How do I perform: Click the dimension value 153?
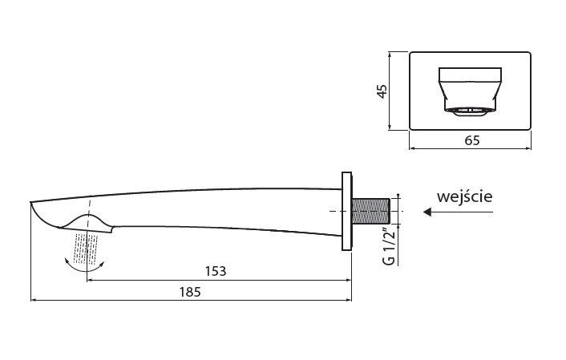click(x=216, y=271)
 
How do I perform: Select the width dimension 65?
click(x=471, y=141)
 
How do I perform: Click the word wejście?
click(x=464, y=196)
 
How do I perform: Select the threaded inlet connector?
click(x=370, y=211)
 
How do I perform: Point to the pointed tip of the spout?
click(x=31, y=201)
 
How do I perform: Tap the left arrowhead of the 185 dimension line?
click(x=34, y=301)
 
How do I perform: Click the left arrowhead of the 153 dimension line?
click(x=89, y=281)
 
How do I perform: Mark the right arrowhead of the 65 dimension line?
click(x=529, y=148)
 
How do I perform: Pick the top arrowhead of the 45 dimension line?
click(x=390, y=55)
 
